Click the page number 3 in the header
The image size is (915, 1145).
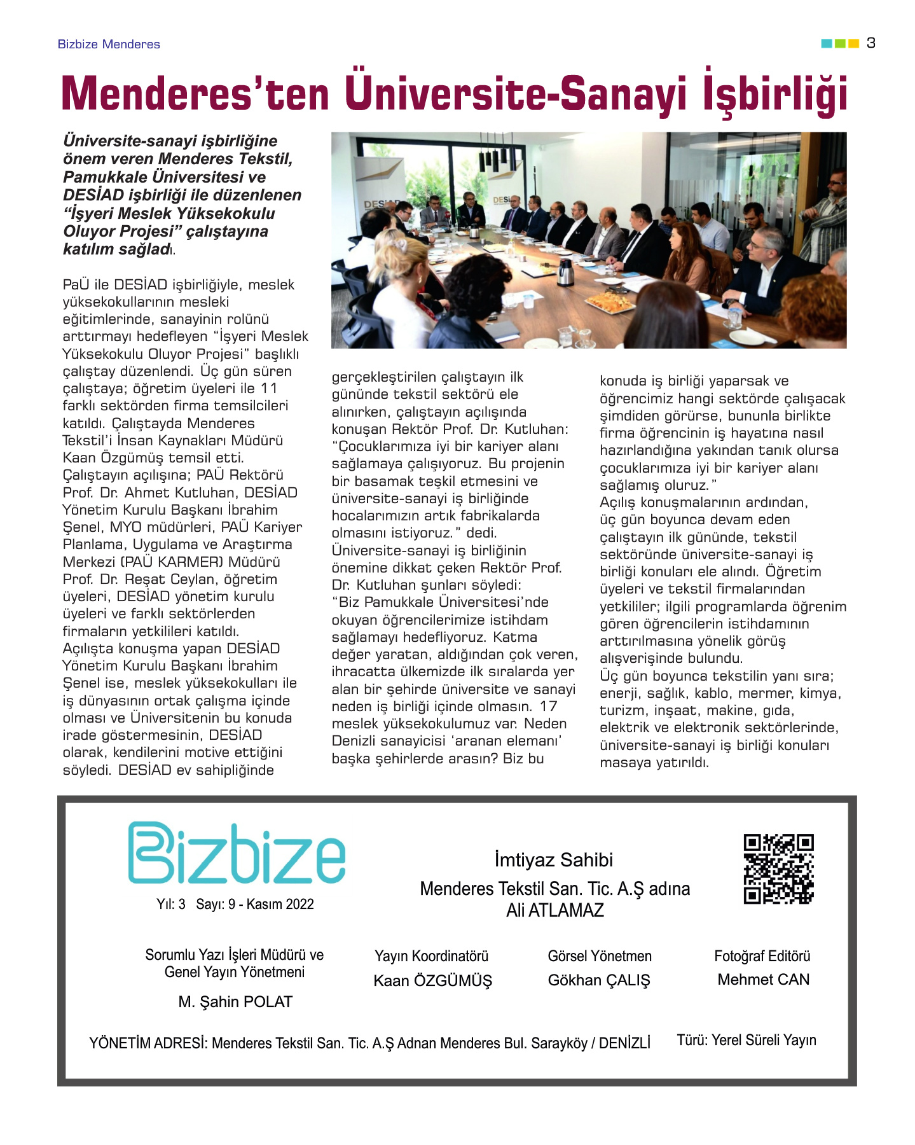[x=870, y=43]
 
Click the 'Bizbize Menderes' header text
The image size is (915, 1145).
[x=109, y=44]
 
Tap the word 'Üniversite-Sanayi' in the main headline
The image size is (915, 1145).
[x=516, y=94]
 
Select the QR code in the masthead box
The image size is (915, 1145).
[x=778, y=869]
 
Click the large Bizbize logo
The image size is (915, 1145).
[x=237, y=853]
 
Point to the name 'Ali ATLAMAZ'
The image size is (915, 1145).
[x=554, y=910]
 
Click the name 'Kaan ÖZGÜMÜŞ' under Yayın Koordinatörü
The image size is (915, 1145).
[x=432, y=980]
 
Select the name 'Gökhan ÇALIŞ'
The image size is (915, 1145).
[x=599, y=980]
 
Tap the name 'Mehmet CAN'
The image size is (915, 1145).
[x=763, y=979]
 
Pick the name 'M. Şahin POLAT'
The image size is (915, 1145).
[x=235, y=1001]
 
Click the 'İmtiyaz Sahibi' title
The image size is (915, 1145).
[x=554, y=859]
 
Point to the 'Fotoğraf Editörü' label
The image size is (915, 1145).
[x=762, y=955]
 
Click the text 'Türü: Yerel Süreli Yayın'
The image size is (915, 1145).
[x=746, y=1039]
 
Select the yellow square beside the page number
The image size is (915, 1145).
[x=853, y=43]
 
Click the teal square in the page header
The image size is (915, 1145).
[x=826, y=43]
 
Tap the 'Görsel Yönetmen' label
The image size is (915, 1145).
[x=599, y=955]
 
